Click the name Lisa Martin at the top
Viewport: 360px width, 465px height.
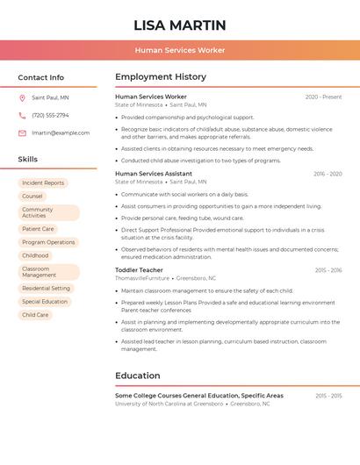(x=180, y=25)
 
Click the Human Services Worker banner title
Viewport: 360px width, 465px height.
(x=180, y=51)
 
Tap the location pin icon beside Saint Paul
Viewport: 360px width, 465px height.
(x=22, y=97)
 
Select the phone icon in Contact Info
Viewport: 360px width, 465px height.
(x=22, y=115)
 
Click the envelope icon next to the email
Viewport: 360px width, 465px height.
(x=22, y=132)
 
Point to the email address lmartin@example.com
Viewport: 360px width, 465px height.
(x=61, y=132)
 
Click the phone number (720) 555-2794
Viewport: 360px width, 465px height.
(x=50, y=115)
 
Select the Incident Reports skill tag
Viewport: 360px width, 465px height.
(x=43, y=182)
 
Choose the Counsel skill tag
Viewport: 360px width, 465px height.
(x=32, y=197)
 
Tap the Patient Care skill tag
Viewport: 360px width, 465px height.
(x=38, y=229)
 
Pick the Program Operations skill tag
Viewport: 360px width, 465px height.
(x=48, y=242)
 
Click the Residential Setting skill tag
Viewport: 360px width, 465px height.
(x=46, y=288)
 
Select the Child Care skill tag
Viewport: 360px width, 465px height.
(x=35, y=315)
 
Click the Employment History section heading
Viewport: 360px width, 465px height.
(x=161, y=77)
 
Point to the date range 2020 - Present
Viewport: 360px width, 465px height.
(x=323, y=97)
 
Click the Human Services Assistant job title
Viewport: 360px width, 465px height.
(x=154, y=174)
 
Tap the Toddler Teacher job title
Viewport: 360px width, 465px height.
(x=139, y=270)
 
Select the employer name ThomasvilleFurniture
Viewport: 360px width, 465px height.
(x=142, y=278)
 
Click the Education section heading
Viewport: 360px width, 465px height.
(x=138, y=376)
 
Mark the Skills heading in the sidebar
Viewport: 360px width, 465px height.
(x=28, y=159)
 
